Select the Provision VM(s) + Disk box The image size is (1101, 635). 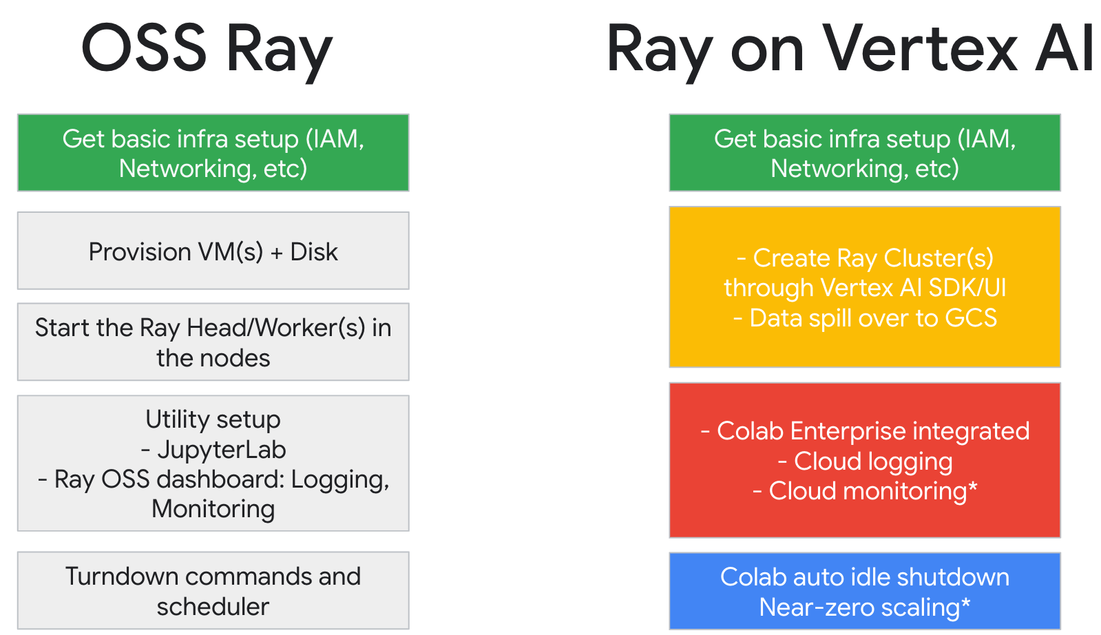click(x=213, y=251)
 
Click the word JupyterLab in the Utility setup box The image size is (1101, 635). click(x=222, y=450)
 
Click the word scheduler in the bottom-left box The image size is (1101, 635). click(x=213, y=607)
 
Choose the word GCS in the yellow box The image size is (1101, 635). click(x=971, y=318)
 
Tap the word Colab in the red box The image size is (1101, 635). click(x=750, y=431)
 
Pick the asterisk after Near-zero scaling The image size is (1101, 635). click(x=966, y=604)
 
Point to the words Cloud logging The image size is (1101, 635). click(x=873, y=461)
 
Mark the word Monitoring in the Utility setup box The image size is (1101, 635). click(x=213, y=509)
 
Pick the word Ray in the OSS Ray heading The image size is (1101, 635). click(x=279, y=50)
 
